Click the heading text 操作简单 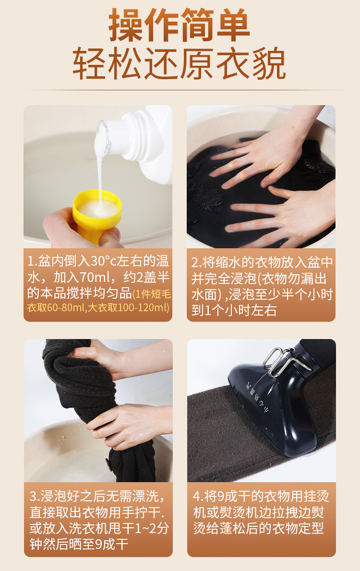179,25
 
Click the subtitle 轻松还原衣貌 179,63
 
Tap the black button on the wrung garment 109,464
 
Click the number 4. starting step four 198,497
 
